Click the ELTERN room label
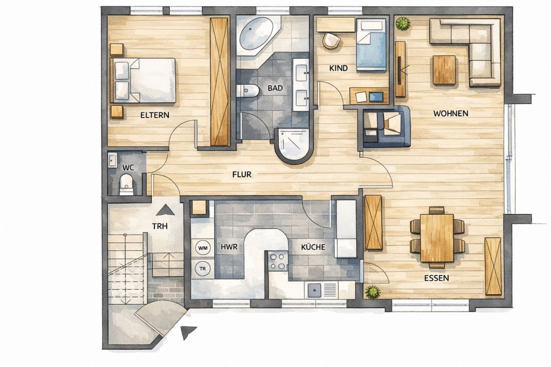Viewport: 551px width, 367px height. pos(155,115)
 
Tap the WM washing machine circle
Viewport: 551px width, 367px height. pos(203,248)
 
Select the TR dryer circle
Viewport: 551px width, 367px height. pos(202,269)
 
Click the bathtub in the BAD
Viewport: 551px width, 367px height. pos(256,33)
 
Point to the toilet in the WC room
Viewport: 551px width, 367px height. pos(126,185)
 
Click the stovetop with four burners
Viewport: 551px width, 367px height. pos(277,261)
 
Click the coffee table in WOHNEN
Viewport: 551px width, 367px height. pos(444,70)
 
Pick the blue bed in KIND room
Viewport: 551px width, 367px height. pos(371,46)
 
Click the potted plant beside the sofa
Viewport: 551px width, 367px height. pos(403,23)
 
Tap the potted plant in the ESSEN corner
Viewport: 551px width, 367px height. pos(373,292)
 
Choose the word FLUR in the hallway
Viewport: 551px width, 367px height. pos(242,175)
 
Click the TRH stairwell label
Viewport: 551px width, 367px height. pos(160,226)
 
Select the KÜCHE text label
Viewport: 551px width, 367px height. pos(313,247)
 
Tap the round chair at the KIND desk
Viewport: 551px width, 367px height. pos(332,40)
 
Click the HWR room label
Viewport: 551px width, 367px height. pos(229,247)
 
